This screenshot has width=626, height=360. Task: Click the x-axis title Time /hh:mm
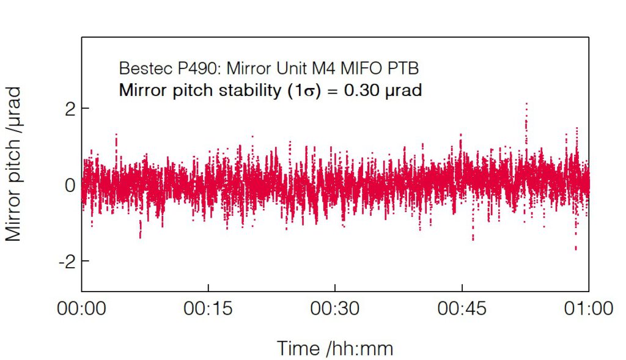click(335, 348)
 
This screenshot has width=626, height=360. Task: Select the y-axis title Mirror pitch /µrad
click(15, 164)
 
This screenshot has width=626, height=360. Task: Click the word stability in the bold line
click(252, 90)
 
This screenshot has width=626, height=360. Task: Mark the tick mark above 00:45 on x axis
click(462, 287)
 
